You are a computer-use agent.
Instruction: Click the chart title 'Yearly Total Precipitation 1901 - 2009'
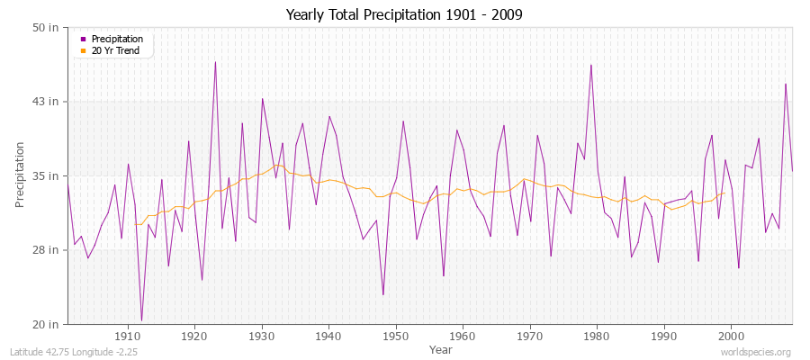pos(404,14)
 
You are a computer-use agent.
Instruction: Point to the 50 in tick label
pos(47,28)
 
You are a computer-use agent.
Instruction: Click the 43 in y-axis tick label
pos(47,102)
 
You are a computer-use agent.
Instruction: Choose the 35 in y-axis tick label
pos(47,175)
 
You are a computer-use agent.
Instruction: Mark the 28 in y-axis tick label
pos(47,249)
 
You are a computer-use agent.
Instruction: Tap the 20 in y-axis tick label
pos(47,324)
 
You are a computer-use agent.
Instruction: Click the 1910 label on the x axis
pos(128,336)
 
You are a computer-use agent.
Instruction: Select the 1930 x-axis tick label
pos(262,336)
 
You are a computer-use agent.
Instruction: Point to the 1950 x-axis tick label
pos(396,336)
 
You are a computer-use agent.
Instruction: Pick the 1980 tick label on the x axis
pos(597,336)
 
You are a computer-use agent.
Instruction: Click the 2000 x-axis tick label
pos(731,336)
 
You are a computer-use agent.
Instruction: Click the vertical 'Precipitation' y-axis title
pos(21,175)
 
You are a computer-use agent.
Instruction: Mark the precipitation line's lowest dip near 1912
pos(141,320)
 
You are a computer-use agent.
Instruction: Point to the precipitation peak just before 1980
pos(590,65)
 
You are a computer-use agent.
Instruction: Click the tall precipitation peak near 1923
pos(215,62)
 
